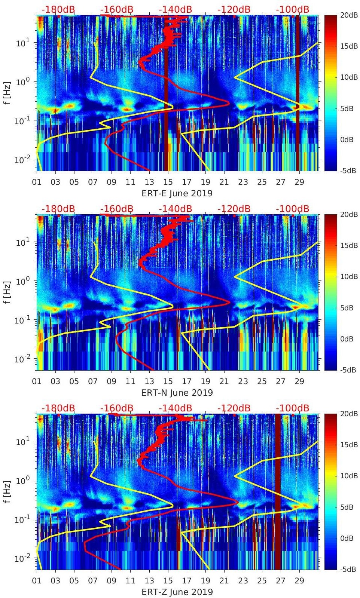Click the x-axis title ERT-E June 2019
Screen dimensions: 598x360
tap(177, 193)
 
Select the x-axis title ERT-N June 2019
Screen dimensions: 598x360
tap(177, 393)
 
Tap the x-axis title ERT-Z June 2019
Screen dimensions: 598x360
tap(177, 592)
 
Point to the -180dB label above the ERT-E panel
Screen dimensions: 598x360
tap(58, 9)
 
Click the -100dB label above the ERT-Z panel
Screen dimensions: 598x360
tap(292, 408)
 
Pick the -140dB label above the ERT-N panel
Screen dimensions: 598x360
tap(175, 209)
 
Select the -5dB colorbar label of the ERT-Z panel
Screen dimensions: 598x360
tap(349, 569)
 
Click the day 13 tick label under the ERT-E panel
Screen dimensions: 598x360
tap(149, 182)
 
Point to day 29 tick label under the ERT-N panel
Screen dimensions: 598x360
tap(299, 381)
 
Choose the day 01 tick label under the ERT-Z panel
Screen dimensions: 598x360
tap(37, 581)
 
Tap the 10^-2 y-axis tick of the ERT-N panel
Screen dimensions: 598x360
tap(22, 359)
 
